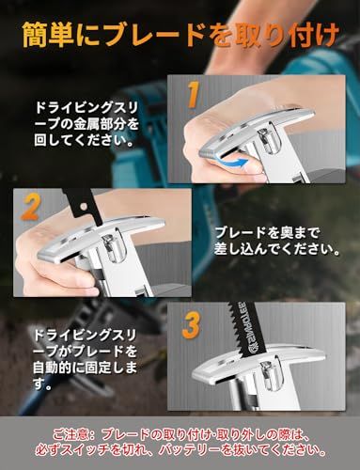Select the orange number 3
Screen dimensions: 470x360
[191, 325]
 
